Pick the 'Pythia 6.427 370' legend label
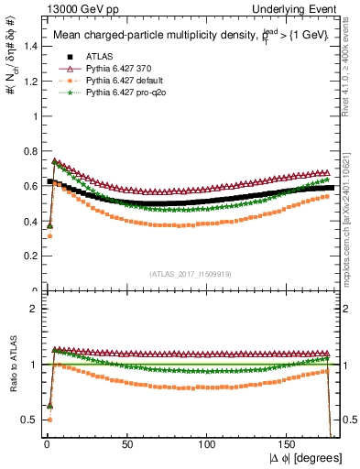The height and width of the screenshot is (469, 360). point(116,68)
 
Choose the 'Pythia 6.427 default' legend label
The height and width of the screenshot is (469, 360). point(122,80)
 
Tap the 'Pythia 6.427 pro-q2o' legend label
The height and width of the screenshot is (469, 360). point(124,92)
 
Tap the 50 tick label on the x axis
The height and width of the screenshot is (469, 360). point(127,442)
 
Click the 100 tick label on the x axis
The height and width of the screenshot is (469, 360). point(208,442)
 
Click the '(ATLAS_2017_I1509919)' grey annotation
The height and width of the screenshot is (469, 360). point(191,272)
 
